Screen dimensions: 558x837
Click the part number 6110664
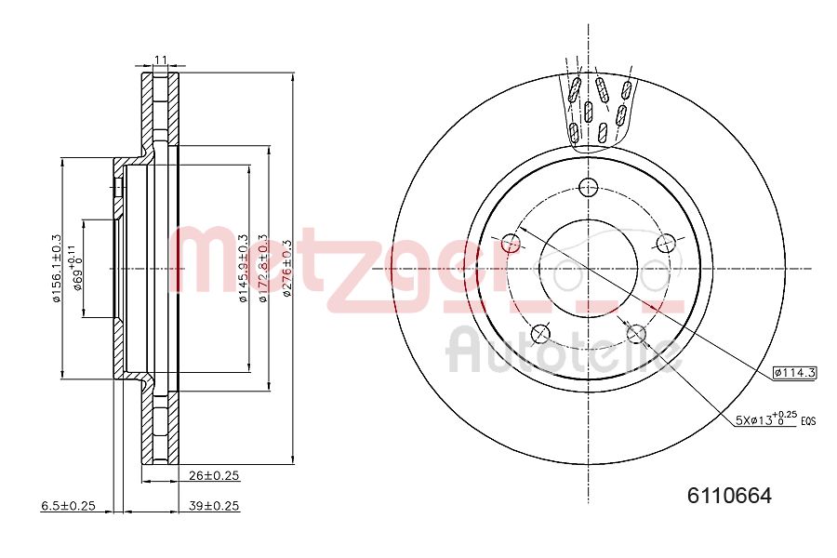tap(729, 496)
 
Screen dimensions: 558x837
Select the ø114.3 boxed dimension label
tap(793, 373)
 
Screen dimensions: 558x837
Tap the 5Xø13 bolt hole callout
tap(764, 419)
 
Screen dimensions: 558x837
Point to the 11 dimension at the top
tap(160, 60)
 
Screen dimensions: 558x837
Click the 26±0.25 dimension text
tap(214, 475)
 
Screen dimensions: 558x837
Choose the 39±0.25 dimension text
tap(214, 506)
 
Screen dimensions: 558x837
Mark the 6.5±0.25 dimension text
tap(69, 506)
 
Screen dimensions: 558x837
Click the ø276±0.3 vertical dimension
tap(287, 268)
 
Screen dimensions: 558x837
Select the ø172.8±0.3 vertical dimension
tap(263, 268)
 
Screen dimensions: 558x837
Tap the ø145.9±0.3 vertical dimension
tap(245, 268)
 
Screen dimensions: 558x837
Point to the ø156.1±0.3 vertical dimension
tap(57, 268)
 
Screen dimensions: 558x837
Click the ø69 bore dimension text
tap(78, 268)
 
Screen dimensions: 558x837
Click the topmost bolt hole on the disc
tap(587, 187)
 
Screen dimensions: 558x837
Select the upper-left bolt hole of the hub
tap(511, 244)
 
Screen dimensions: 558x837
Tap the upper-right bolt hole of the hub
tap(664, 244)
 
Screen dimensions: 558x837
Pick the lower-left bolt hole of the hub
tap(539, 333)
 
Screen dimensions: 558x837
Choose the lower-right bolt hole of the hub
tap(636, 333)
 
